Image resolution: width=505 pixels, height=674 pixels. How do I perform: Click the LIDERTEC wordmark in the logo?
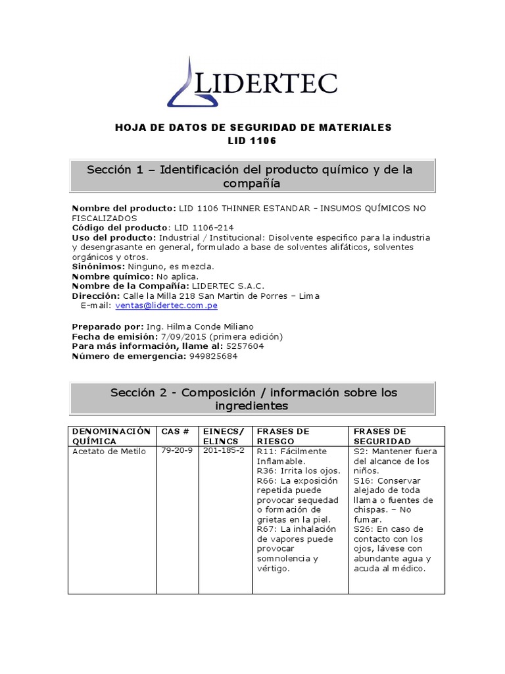click(267, 84)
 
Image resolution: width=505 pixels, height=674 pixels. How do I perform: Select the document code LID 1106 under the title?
click(253, 141)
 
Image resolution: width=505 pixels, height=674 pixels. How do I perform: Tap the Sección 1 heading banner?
click(252, 176)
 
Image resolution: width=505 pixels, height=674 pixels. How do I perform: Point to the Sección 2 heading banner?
click(252, 399)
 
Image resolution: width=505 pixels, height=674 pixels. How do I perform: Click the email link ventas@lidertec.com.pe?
click(166, 305)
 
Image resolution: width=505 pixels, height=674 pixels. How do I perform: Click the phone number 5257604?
click(245, 346)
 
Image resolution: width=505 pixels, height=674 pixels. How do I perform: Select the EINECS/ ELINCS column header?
click(225, 436)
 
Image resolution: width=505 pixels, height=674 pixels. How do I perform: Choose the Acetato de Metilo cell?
click(108, 452)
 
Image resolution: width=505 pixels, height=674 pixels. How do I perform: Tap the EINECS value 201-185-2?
click(224, 451)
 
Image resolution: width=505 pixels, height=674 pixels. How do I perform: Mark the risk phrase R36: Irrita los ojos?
click(289, 471)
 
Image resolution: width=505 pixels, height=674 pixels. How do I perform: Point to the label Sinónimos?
click(98, 267)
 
